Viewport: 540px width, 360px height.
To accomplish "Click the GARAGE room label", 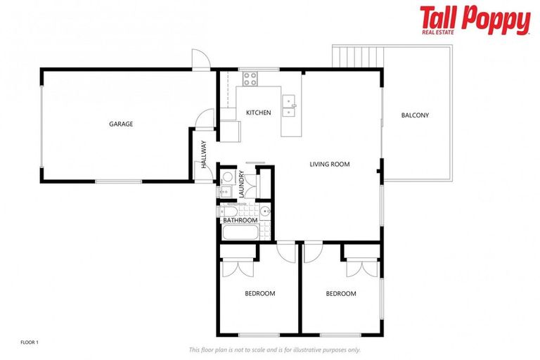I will point(121,124).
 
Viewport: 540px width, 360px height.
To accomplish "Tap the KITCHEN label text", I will point(258,112).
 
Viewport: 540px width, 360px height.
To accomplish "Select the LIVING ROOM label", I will point(330,165).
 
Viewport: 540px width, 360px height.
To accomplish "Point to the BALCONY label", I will point(415,115).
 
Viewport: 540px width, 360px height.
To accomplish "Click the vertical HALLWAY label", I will point(204,155).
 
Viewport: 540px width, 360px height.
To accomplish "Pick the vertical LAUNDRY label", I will point(240,182).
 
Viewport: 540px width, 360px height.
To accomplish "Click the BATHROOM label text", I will point(240,220).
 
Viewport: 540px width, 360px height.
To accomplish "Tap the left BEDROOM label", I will point(259,293).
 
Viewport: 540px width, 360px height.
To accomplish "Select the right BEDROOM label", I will point(341,293).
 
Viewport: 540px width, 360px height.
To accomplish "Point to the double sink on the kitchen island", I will point(289,105).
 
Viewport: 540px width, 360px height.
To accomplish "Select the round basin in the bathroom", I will point(266,212).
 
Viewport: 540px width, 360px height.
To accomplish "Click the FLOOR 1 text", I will point(30,342).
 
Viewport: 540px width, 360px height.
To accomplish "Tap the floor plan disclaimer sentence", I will point(275,349).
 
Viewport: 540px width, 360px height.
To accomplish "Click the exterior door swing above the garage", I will point(200,60).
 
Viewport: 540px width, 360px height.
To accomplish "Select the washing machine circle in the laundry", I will point(227,177).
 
